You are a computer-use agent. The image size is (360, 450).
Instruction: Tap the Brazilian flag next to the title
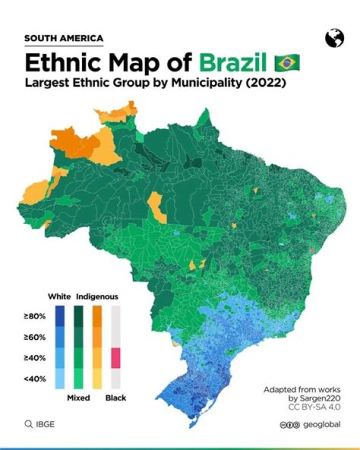pos(287,64)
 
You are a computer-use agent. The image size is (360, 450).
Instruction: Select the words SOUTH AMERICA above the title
pos(63,38)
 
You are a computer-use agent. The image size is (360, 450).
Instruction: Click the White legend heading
pos(59,297)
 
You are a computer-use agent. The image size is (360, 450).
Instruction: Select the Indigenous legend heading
pos(97,297)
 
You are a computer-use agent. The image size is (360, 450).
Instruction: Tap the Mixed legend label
pos(78,398)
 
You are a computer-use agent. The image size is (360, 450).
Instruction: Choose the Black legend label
pos(115,398)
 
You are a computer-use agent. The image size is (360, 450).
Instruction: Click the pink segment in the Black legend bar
pos(115,358)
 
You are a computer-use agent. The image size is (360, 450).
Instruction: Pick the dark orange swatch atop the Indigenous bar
pos(97,316)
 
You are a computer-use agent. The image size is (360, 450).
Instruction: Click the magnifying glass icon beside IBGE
pos(28,424)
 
